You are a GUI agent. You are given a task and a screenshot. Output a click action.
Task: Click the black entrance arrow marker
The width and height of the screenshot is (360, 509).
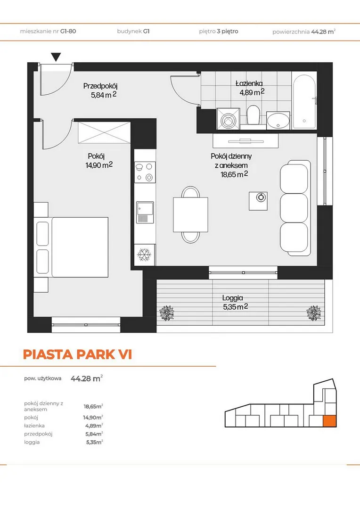(x=56, y=57)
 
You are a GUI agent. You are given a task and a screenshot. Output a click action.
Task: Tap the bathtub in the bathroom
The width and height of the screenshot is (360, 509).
(x=304, y=101)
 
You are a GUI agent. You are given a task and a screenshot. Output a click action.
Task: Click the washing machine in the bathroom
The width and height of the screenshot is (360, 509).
(x=228, y=119)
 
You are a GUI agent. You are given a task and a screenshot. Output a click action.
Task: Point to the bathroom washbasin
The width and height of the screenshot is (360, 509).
(x=278, y=121)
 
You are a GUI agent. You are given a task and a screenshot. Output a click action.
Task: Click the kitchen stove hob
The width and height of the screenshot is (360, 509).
(x=145, y=172)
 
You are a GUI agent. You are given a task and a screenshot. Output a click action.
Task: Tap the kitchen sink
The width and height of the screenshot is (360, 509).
(x=145, y=212)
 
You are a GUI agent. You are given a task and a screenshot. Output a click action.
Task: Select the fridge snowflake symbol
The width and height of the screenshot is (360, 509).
(x=144, y=255)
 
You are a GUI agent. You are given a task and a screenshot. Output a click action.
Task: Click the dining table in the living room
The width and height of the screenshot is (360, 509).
(x=190, y=214)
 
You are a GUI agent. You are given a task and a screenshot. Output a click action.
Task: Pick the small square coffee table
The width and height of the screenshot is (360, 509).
(x=258, y=201)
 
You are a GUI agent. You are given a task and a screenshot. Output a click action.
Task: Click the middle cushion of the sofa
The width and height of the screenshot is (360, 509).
(x=294, y=207)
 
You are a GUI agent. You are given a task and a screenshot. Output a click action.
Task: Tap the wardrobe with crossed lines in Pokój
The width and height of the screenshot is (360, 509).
(x=104, y=132)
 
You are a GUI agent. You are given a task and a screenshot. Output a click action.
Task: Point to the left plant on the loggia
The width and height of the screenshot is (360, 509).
(x=167, y=313)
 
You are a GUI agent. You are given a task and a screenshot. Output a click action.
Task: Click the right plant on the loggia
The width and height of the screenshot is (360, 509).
(x=314, y=313)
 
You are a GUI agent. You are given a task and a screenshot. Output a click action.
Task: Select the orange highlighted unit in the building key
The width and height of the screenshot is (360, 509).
(x=330, y=421)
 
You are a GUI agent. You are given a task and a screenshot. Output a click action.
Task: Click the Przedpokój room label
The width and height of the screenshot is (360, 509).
(x=100, y=86)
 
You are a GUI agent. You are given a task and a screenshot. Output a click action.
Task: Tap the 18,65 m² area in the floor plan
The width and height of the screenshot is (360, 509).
(x=234, y=174)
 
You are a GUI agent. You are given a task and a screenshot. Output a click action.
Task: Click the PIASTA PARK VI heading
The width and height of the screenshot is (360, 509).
(x=78, y=354)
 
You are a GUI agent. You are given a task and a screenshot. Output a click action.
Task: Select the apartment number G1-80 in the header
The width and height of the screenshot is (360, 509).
(x=68, y=31)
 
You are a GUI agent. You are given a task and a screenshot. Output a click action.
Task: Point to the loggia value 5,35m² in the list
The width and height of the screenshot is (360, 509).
(x=95, y=442)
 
